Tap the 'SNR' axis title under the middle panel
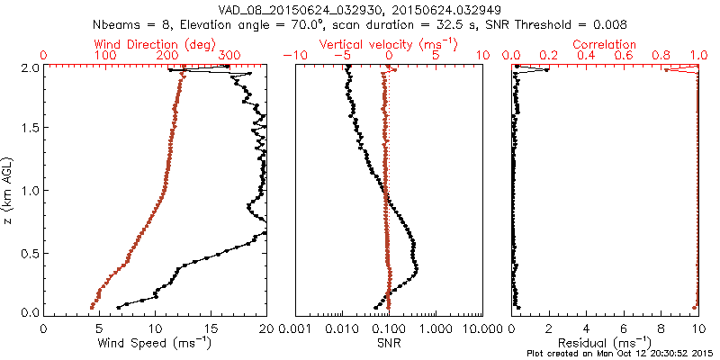389,342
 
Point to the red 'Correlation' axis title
605,44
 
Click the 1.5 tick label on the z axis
30,129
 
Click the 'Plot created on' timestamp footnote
618,354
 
